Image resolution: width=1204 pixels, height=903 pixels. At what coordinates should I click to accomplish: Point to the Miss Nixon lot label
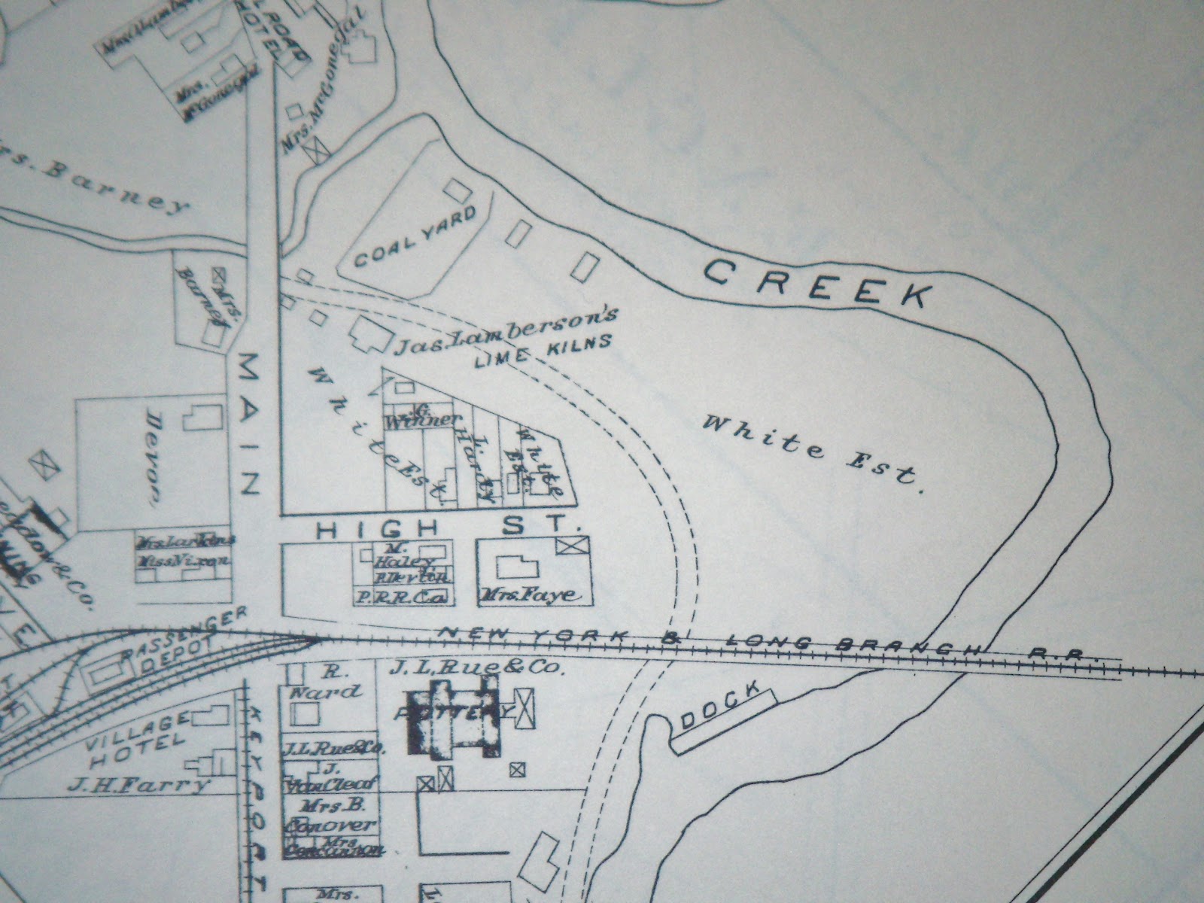tap(184, 559)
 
